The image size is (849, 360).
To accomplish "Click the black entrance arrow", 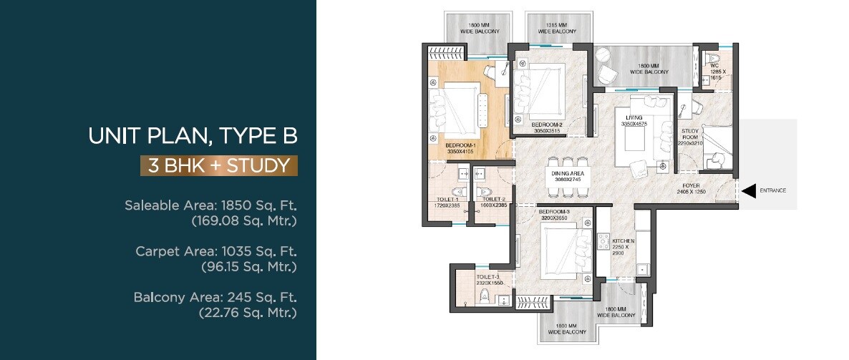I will pyautogui.click(x=749, y=190).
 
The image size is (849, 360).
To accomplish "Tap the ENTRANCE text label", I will pyautogui.click(x=773, y=190).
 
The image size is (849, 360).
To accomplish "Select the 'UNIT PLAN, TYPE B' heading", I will pyautogui.click(x=192, y=136).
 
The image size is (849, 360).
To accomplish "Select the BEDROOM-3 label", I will pyautogui.click(x=553, y=213).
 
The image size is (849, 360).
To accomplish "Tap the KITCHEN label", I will pyautogui.click(x=620, y=241).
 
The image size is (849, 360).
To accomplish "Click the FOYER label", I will pyautogui.click(x=691, y=184).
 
